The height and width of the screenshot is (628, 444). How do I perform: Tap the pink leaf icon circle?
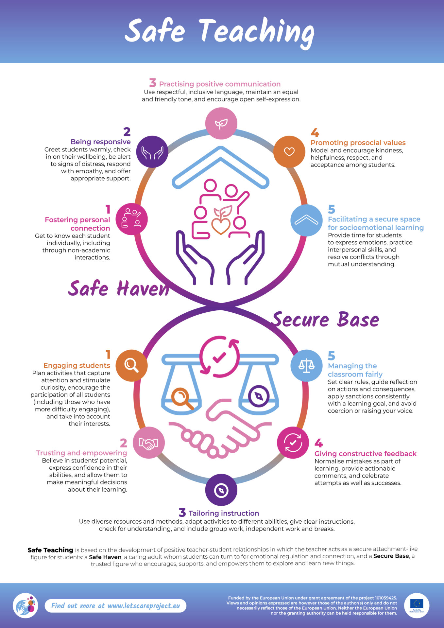(221, 123)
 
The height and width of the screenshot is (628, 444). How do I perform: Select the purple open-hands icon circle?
(152, 152)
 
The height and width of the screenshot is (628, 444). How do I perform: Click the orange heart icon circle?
(289, 151)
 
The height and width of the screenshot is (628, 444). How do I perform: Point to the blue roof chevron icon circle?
(306, 220)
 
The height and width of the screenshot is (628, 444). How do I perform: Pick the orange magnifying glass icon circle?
(131, 365)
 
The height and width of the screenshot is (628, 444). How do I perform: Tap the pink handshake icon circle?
(148, 443)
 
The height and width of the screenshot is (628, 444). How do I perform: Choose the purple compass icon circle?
(221, 490)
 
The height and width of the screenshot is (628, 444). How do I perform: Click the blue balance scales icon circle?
(306, 365)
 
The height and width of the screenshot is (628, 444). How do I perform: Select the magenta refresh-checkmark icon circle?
(293, 443)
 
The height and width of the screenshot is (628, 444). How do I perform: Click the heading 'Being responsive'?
(100, 142)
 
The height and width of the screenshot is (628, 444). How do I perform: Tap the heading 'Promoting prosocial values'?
(358, 143)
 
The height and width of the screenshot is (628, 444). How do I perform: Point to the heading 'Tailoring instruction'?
(224, 513)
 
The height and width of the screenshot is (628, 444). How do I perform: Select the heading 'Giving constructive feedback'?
(365, 454)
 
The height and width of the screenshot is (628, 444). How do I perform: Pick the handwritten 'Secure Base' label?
(326, 320)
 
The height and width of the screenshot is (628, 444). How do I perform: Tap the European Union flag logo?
(417, 604)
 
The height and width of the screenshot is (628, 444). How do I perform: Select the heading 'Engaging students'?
(77, 365)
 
